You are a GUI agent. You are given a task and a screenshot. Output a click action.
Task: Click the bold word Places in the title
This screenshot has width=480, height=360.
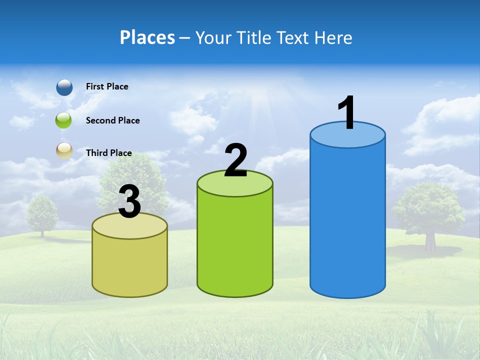(147, 37)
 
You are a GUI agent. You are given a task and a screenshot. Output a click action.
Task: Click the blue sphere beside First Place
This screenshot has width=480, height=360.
(64, 87)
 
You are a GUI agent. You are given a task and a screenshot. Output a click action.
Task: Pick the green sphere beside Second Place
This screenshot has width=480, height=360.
(63, 120)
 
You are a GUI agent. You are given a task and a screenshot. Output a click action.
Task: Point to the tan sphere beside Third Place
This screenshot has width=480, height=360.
(64, 150)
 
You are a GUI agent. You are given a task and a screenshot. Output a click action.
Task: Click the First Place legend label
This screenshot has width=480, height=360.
(107, 86)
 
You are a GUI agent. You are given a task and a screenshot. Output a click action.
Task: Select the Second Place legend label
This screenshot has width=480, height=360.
(112, 120)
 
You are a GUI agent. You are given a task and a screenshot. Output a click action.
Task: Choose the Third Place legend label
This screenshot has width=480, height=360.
(109, 153)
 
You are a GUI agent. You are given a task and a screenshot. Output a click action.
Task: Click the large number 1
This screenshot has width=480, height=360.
(346, 113)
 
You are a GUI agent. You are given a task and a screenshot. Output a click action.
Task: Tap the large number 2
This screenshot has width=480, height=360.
(235, 160)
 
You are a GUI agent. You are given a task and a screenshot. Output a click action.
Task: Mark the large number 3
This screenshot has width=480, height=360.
(130, 202)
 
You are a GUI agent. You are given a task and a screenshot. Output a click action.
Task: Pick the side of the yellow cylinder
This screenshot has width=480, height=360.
(129, 265)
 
